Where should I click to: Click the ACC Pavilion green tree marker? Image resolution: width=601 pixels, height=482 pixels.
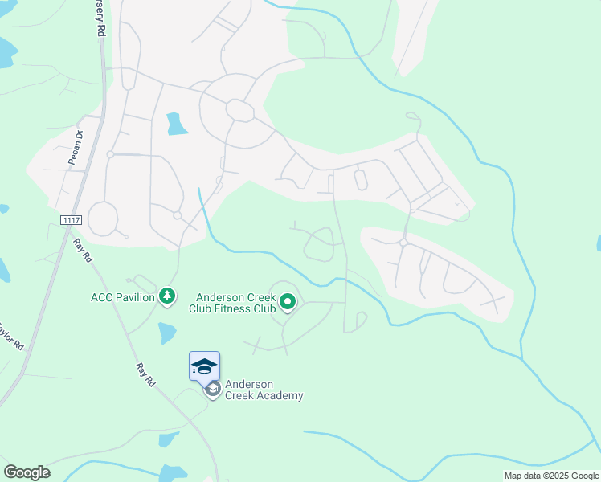click(x=167, y=297)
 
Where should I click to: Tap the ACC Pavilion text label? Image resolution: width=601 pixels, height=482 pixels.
click(x=122, y=298)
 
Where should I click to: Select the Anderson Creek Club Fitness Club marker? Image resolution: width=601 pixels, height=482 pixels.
click(x=288, y=303)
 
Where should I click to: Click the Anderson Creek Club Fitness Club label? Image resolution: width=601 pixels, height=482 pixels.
click(x=232, y=300)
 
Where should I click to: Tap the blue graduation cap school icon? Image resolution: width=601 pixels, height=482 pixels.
click(x=204, y=366)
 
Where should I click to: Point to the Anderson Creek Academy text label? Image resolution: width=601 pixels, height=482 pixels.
click(x=264, y=390)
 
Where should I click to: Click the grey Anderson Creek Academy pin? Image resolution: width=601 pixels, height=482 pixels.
click(x=213, y=390)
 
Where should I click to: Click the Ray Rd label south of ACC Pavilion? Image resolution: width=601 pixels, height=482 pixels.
click(x=145, y=373)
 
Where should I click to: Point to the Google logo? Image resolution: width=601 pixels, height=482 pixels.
click(x=27, y=472)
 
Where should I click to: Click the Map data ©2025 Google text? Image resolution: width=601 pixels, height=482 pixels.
click(x=551, y=476)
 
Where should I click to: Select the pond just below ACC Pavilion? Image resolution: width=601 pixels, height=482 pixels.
click(x=167, y=333)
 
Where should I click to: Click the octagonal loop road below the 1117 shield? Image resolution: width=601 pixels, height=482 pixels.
click(x=103, y=218)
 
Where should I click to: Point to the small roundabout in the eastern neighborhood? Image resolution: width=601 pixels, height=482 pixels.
click(x=403, y=241)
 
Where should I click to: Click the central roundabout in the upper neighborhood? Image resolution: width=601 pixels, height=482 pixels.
click(x=239, y=109)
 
